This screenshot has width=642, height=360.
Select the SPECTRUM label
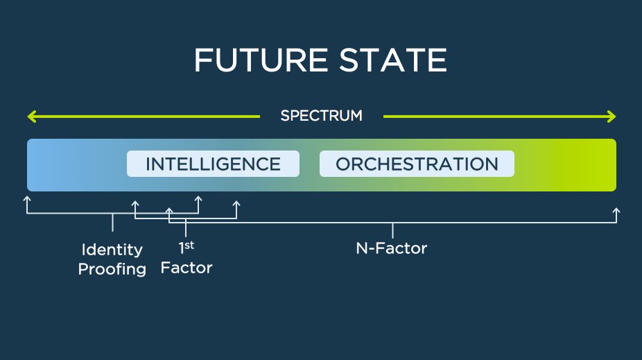pos(321,116)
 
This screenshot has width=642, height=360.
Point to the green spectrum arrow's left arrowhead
pos(31,116)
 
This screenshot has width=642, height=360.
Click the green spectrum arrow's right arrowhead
pos(611,116)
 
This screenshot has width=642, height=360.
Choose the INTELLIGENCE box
pos(213,164)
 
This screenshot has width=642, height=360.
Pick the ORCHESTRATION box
pos(417,164)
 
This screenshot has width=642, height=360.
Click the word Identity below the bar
pos(112,250)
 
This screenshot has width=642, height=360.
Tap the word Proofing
pos(112,269)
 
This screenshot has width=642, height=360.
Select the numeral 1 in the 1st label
pos(182,248)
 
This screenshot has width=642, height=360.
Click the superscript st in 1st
pos(191,244)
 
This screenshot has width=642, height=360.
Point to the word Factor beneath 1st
pos(186,267)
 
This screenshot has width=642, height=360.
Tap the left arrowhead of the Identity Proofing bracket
pos(27,199)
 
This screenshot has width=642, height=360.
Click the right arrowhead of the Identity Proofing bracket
pos(198,199)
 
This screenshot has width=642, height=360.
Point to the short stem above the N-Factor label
pos(392,230)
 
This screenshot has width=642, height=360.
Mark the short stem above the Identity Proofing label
pos(112,223)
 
